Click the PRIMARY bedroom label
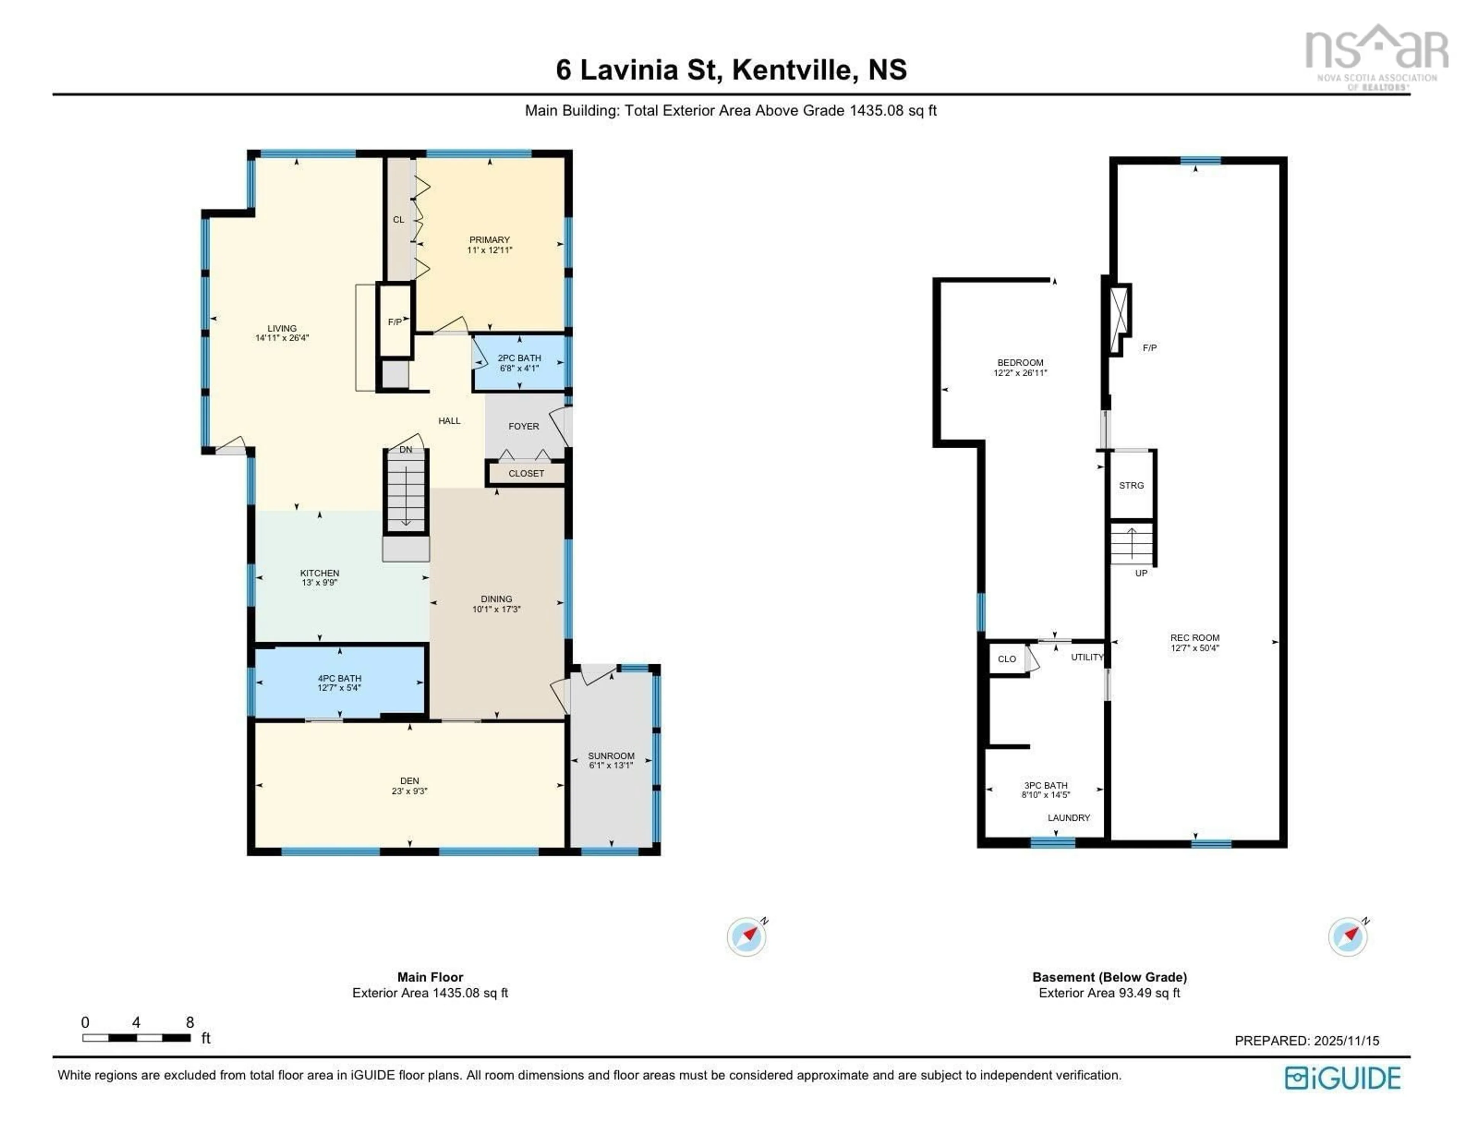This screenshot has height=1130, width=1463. [489, 240]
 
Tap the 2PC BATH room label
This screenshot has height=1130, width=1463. [519, 358]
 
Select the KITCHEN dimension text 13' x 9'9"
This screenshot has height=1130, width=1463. [320, 583]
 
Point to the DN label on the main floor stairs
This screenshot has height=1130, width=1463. [406, 449]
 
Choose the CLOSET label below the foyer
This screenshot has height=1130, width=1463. [526, 473]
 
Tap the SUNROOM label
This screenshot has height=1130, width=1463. [611, 756]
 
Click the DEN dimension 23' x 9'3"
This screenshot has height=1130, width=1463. [409, 791]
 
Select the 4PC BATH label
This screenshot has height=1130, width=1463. [339, 678]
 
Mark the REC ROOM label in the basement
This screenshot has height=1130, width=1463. [1194, 638]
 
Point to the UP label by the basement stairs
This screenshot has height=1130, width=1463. [1141, 573]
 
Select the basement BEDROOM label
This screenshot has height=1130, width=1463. [1020, 362]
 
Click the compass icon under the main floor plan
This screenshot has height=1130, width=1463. [746, 937]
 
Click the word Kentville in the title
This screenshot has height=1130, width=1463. [794, 70]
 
